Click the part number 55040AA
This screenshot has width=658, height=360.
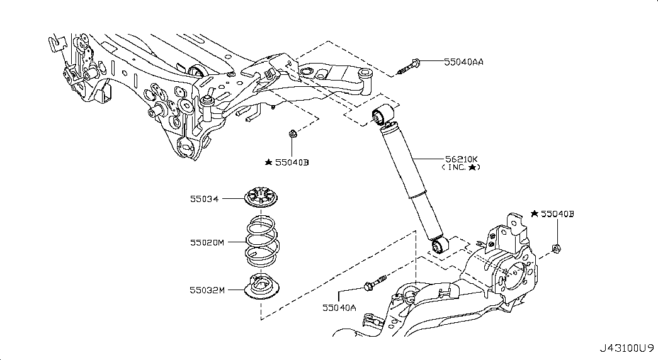click(x=463, y=62)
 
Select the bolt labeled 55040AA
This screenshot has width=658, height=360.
click(x=410, y=67)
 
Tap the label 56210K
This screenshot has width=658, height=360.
click(x=461, y=159)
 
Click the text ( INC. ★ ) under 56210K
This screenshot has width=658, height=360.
click(x=460, y=167)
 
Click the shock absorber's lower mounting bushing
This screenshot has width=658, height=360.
click(x=440, y=245)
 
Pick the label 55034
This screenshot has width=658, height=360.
click(x=205, y=199)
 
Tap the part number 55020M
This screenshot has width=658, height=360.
click(x=207, y=242)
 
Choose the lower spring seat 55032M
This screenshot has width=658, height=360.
click(x=261, y=286)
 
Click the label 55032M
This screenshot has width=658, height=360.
click(x=207, y=290)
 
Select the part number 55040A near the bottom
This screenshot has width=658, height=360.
click(x=339, y=308)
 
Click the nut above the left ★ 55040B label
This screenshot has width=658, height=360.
click(x=293, y=134)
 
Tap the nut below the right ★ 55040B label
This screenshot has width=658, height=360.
click(x=556, y=249)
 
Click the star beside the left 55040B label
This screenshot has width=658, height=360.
click(x=269, y=162)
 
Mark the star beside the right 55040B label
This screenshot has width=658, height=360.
click(x=534, y=213)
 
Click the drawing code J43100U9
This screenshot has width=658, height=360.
click(x=626, y=348)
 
